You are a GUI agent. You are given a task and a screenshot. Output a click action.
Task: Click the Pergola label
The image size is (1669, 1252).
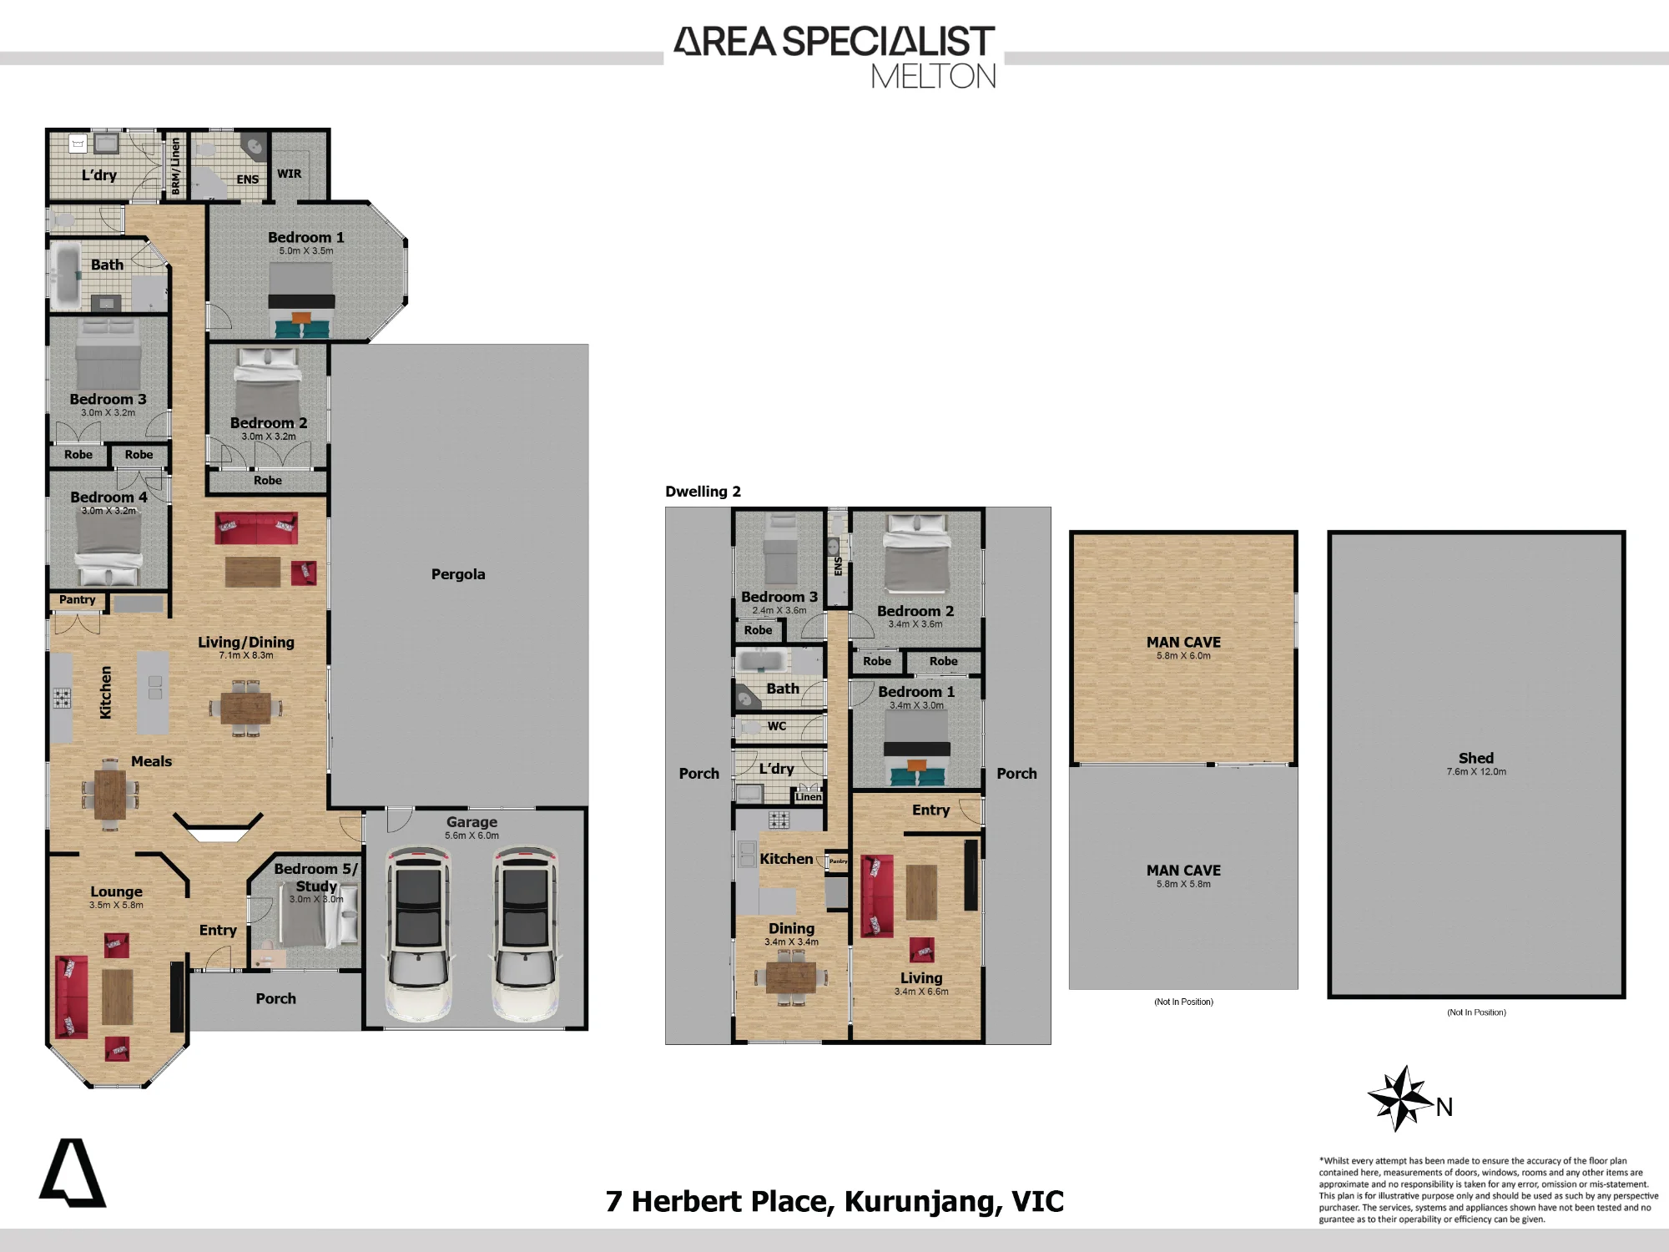[458, 574]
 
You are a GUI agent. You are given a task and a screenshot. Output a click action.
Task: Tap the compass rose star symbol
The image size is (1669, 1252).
[1401, 1098]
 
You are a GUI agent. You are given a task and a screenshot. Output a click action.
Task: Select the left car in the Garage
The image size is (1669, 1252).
[418, 933]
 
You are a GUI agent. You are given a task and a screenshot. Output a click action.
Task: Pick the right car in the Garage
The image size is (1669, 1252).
[525, 933]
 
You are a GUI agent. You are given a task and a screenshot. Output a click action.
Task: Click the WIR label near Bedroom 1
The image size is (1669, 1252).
[289, 174]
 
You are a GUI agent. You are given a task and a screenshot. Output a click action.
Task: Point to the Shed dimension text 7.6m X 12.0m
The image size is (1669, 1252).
[1476, 772]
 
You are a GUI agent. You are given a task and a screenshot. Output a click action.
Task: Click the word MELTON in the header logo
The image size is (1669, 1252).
[933, 77]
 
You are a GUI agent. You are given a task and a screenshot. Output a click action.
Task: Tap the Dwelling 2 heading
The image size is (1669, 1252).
[703, 492]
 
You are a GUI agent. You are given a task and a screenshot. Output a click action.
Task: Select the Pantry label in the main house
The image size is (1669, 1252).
[78, 599]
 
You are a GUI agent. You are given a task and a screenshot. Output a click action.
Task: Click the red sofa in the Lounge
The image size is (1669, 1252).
[71, 997]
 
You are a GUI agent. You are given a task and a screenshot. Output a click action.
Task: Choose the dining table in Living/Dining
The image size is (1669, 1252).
[246, 709]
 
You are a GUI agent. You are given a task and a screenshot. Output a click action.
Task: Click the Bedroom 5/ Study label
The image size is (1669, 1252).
[316, 877]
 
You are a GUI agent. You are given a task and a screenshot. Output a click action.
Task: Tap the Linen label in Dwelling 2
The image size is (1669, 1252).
[808, 797]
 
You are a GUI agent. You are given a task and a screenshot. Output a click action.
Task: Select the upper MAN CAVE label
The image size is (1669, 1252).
[1183, 642]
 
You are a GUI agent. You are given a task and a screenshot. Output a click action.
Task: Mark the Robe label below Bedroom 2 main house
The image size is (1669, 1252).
[267, 480]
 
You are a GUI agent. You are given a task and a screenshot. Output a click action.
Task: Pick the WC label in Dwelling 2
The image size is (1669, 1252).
[777, 726]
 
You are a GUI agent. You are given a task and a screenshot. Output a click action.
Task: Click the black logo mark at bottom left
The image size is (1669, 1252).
[73, 1173]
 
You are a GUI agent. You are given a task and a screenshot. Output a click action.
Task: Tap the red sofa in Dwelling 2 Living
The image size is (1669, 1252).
[876, 896]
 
